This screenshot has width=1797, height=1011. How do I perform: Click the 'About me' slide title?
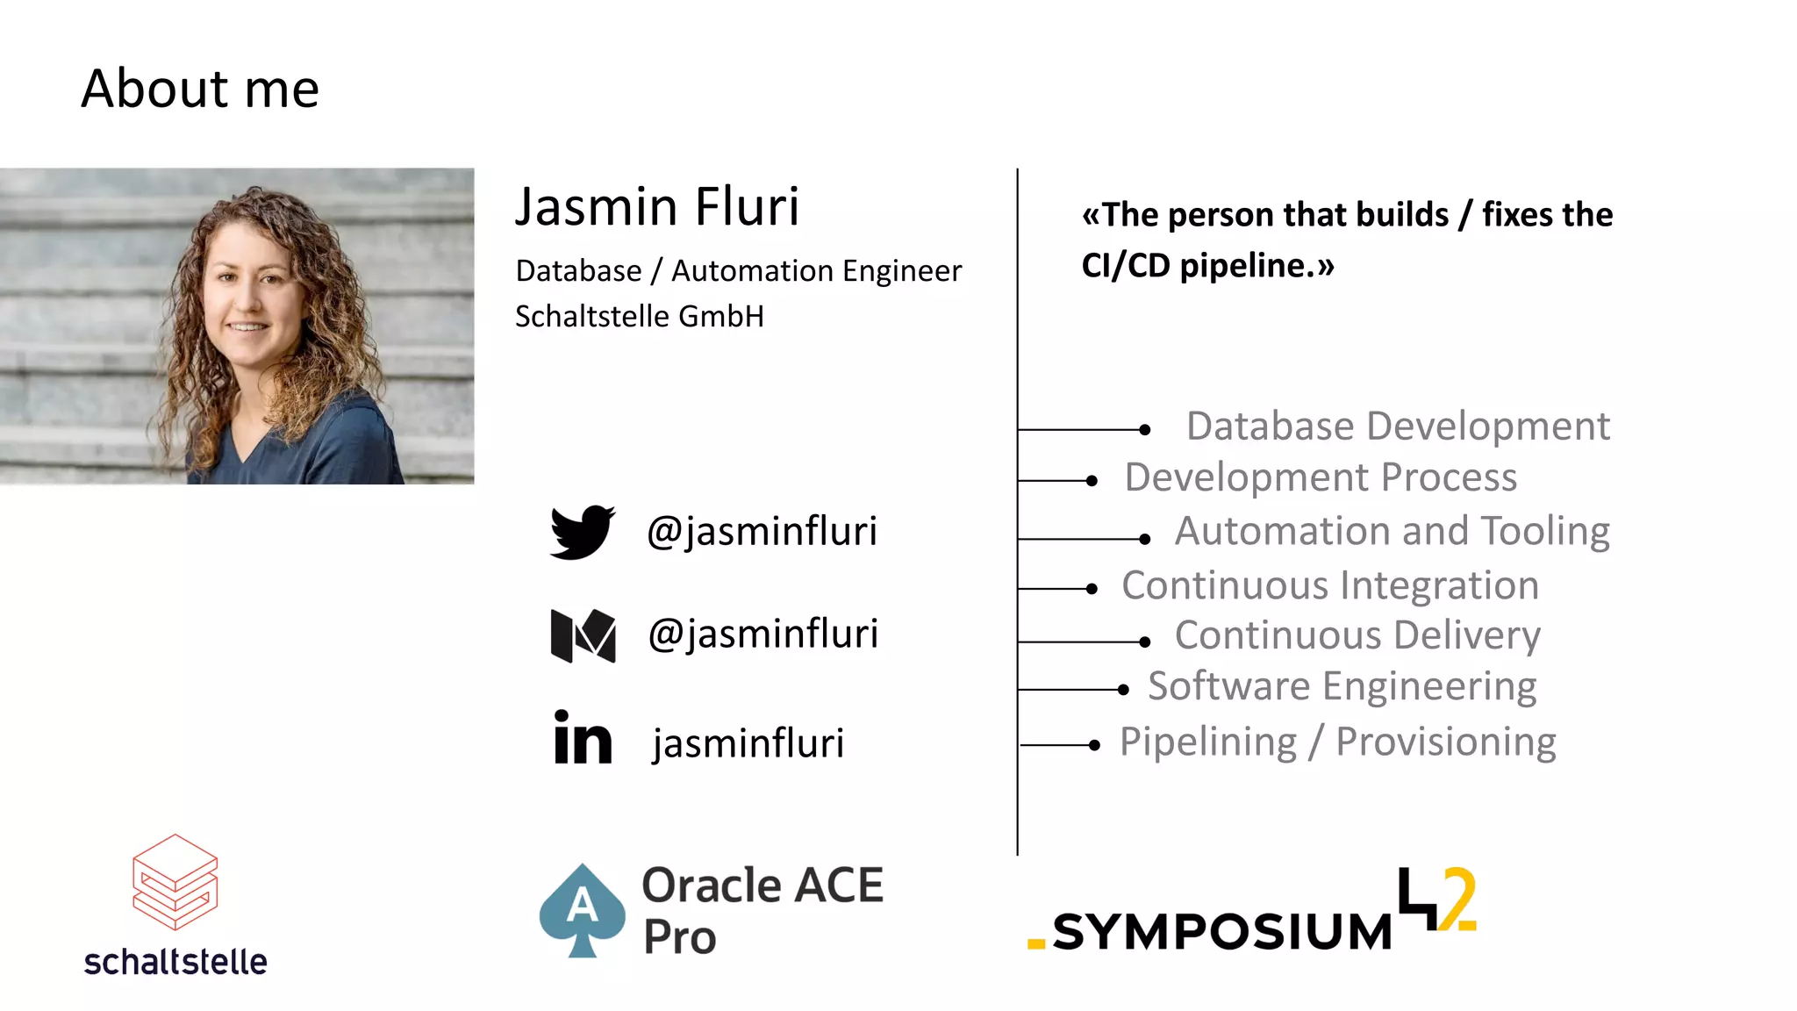point(200,89)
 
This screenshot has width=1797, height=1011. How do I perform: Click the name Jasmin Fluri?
point(656,207)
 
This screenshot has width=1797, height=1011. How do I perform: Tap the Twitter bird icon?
point(582,531)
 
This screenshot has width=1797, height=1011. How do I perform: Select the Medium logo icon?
point(583,635)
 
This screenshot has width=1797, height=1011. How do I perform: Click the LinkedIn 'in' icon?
point(583,738)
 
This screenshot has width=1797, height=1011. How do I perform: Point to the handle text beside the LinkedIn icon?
point(748,743)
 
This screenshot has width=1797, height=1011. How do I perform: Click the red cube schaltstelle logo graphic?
point(175,881)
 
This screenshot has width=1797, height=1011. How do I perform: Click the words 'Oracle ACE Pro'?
point(762,910)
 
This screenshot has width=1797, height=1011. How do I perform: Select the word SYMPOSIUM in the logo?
point(1221,932)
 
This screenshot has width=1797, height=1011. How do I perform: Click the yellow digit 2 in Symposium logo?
point(1458,899)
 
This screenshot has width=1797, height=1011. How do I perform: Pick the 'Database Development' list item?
point(1397,427)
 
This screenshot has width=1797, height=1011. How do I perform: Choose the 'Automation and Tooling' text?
point(1392,531)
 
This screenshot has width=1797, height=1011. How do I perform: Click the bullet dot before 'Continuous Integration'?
point(1092,589)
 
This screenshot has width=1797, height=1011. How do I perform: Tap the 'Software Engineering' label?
point(1342,686)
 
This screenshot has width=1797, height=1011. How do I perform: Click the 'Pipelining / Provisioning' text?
point(1337,742)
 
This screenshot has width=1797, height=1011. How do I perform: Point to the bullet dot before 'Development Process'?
point(1092,481)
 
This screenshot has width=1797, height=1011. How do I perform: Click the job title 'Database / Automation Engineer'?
point(738,271)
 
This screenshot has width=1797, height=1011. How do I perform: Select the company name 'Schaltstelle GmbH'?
point(639,317)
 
